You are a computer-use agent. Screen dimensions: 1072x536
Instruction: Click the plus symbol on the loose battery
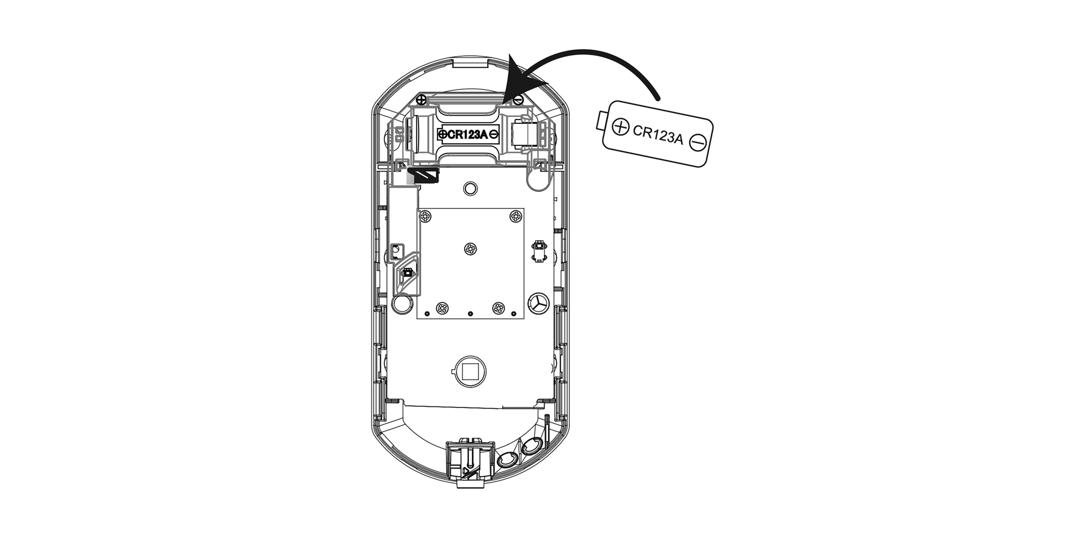click(620, 127)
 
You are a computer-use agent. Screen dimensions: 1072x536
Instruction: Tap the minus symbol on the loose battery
click(698, 143)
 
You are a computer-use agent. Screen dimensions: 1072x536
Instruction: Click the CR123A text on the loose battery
click(658, 135)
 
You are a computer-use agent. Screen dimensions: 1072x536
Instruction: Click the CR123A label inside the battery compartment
click(467, 135)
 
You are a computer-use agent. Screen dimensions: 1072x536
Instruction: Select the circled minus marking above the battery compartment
click(518, 100)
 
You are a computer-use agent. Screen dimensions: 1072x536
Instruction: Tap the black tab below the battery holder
click(424, 175)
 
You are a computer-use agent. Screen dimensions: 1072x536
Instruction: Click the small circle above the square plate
click(470, 188)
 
